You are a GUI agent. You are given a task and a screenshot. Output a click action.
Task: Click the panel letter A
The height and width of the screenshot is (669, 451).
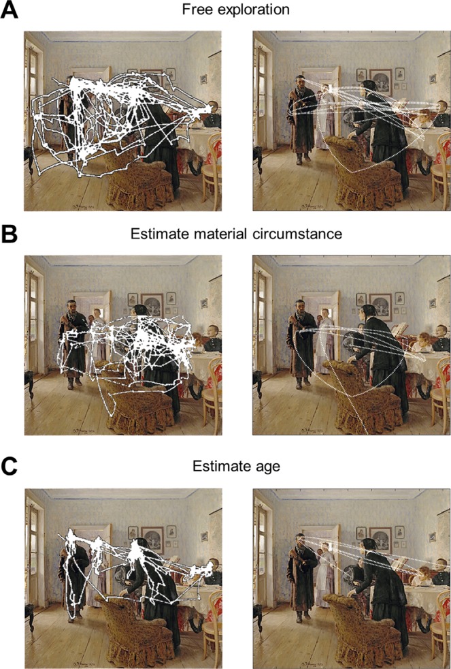pos(10,10)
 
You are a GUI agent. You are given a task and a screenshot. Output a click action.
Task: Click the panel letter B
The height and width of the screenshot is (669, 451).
pos(9,234)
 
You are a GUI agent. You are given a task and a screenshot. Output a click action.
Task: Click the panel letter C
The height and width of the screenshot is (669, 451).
pos(10,467)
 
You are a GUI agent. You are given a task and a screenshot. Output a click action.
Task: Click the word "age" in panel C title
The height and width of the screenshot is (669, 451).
pos(268,467)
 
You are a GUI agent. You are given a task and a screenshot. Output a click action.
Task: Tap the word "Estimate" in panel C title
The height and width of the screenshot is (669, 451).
pos(222,466)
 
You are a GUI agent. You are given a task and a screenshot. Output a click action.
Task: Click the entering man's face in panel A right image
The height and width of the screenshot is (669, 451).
pos(301,82)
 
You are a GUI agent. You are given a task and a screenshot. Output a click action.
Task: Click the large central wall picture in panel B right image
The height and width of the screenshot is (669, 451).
pos(380,307)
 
